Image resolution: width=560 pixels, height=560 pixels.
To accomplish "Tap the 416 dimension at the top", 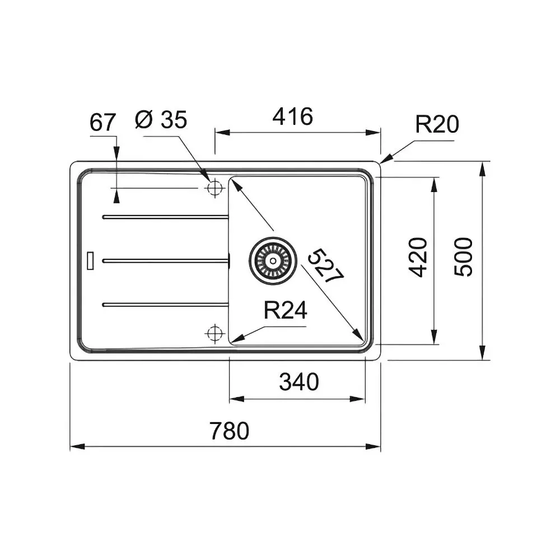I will pyautogui.click(x=292, y=116).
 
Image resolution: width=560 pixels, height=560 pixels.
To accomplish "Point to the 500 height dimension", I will pyautogui.click(x=464, y=256).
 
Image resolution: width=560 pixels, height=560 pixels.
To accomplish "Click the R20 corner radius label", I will pyautogui.click(x=437, y=124).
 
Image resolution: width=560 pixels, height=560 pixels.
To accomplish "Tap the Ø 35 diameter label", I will pyautogui.click(x=161, y=119).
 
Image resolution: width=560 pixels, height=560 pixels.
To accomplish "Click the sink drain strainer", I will pyautogui.click(x=272, y=260).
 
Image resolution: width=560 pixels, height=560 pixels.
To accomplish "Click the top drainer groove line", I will pyautogui.click(x=165, y=217).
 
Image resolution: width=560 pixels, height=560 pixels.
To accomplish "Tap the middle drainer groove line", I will pyautogui.click(x=165, y=260).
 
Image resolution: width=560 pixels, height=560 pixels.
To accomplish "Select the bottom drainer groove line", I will pyautogui.click(x=165, y=304).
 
